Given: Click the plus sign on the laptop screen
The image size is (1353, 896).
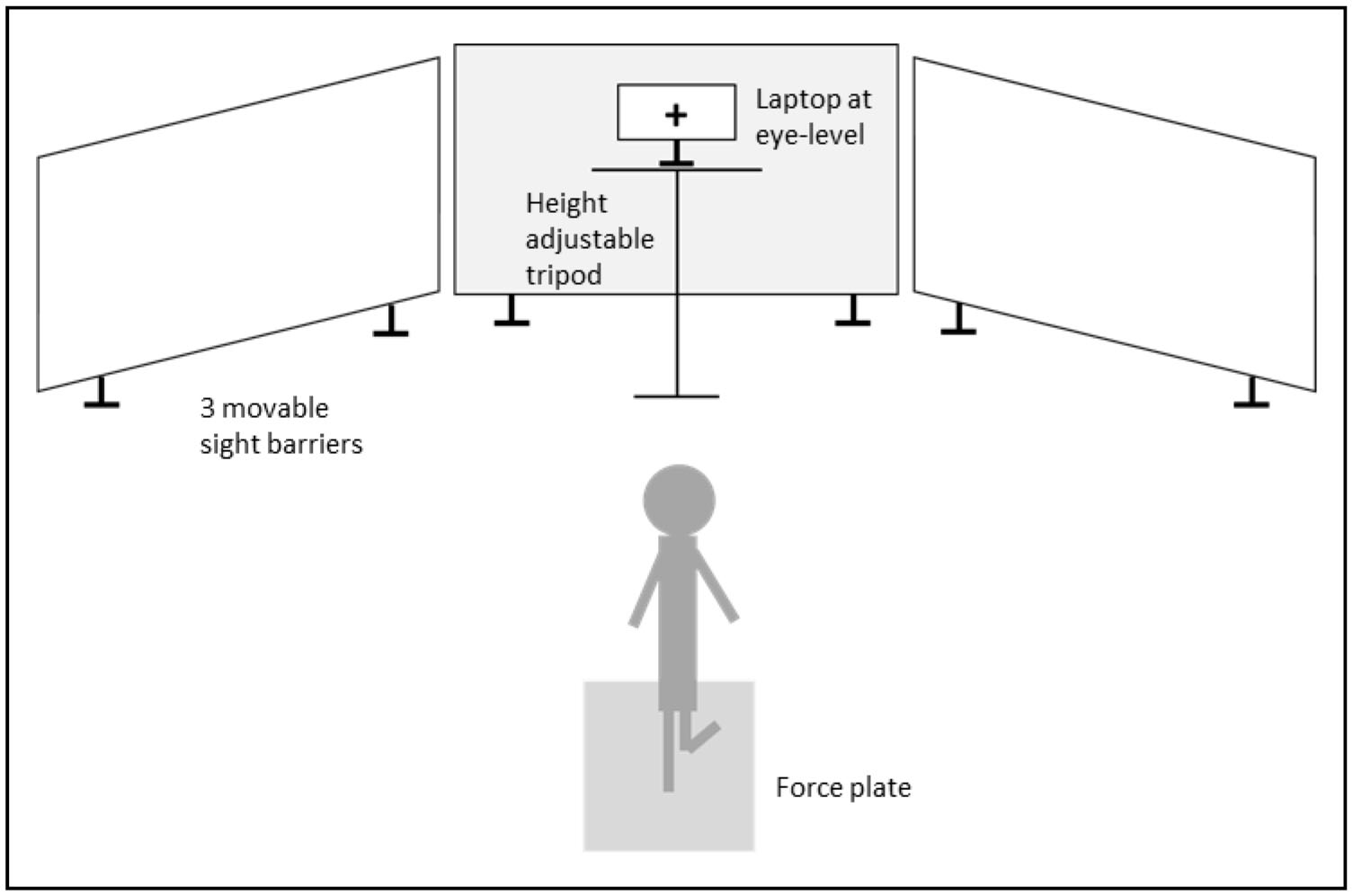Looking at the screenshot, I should [x=676, y=114].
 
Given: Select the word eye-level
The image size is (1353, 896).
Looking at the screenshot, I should [x=809, y=136].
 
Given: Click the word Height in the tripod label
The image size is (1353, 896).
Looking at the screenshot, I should [x=565, y=204].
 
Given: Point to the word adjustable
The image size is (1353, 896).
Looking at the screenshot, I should [x=589, y=240].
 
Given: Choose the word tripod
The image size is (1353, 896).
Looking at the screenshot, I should [x=563, y=275].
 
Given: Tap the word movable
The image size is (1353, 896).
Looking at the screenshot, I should [x=274, y=408].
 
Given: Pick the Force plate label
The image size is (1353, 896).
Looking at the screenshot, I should [x=842, y=787].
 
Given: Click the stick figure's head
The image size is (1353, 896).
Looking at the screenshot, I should [x=679, y=501].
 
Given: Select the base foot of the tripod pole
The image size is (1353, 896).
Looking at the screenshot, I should [x=676, y=395].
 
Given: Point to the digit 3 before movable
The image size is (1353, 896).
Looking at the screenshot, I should [x=207, y=408].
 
